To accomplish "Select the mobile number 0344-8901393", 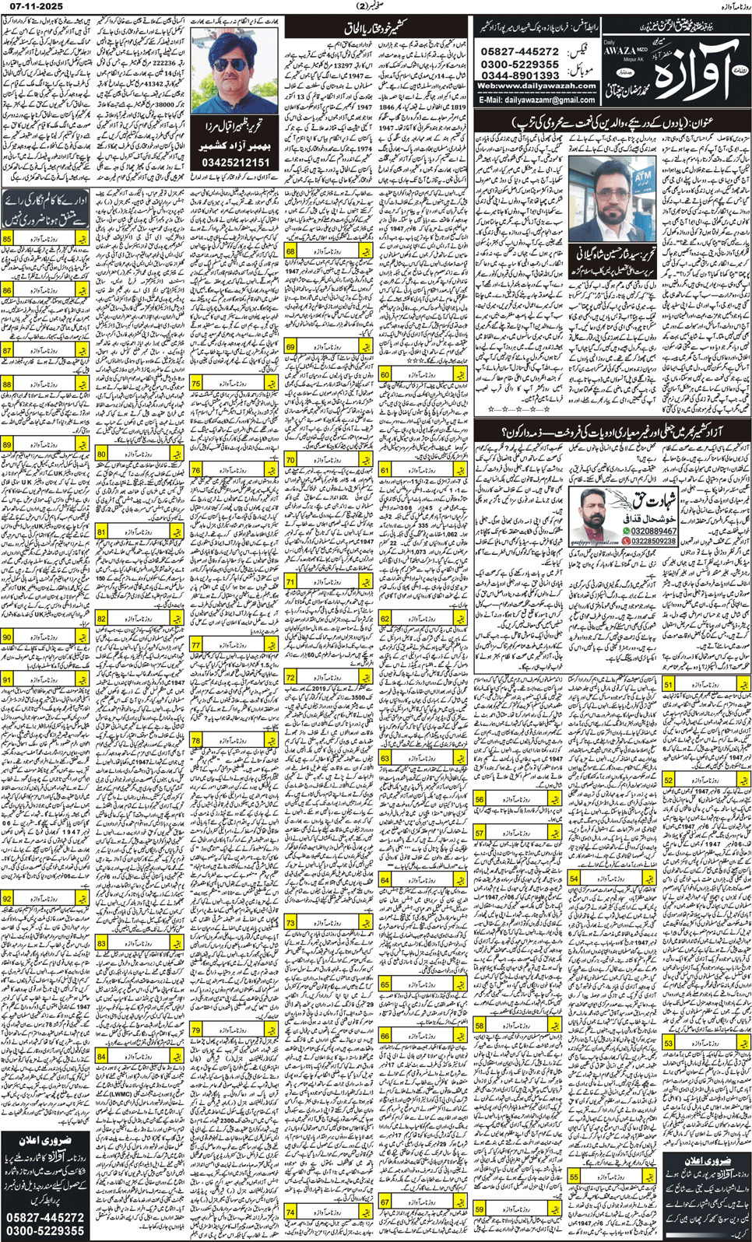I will (x=519, y=75).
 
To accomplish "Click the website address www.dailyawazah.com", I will (x=536, y=86).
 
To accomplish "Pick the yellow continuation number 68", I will (x=290, y=251).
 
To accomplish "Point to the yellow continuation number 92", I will (x=8, y=899).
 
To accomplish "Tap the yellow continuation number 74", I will (x=290, y=1212).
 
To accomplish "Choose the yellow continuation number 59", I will (x=480, y=1209).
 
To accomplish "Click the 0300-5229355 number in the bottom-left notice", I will (x=45, y=1231).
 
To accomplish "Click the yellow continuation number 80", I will (x=102, y=454).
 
